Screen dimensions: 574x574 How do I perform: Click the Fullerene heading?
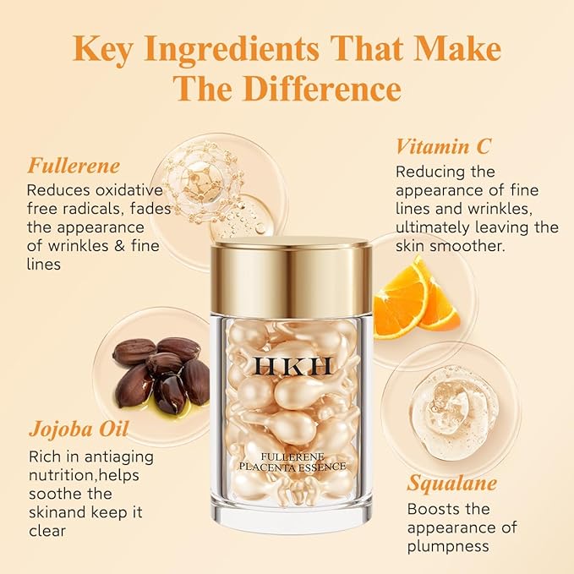[x=74, y=164]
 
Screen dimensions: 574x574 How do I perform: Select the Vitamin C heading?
[x=443, y=145]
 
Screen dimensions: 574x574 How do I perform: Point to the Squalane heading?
[x=451, y=483]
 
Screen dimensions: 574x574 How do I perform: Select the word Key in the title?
[x=106, y=48]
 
